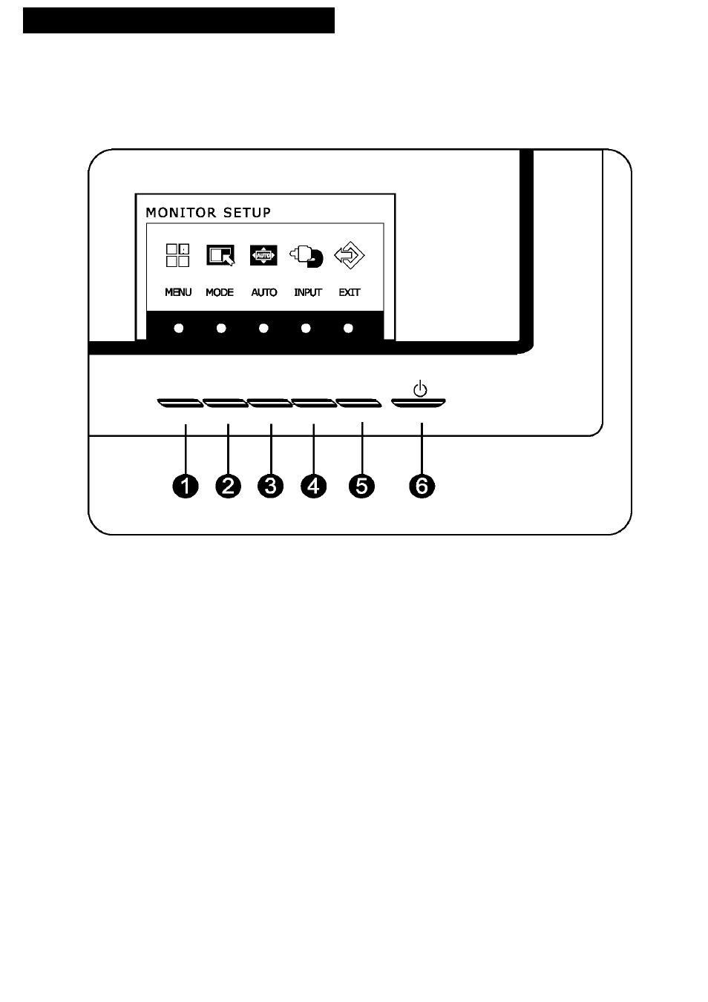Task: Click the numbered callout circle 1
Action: coord(186,486)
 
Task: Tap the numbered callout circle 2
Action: coord(229,486)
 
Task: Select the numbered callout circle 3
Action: coord(271,486)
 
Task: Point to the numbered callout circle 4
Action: coord(314,486)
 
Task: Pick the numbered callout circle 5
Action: coord(361,486)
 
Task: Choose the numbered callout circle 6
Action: coord(422,486)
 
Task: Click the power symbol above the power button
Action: coord(420,389)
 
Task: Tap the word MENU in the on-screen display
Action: coord(178,292)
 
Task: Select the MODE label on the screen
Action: coord(220,292)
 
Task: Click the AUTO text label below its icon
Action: coord(264,292)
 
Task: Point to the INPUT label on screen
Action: coord(308,292)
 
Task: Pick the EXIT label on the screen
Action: coord(350,292)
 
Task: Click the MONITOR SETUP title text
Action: coord(209,212)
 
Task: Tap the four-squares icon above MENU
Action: coord(177,255)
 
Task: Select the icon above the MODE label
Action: coord(220,255)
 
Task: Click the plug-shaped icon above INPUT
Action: coord(307,257)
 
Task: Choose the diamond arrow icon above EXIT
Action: coord(350,255)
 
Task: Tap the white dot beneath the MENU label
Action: coord(179,329)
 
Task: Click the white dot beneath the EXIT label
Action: coord(348,329)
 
